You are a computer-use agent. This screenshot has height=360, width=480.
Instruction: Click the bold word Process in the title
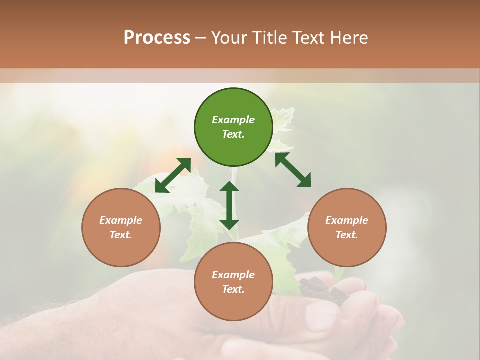[x=157, y=37]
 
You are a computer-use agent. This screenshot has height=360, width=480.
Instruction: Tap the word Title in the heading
[x=269, y=37]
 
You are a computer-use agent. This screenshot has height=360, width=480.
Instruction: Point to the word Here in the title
[x=349, y=37]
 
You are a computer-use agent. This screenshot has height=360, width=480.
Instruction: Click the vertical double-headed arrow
[x=229, y=205]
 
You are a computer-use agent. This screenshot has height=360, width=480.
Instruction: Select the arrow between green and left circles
[x=173, y=175]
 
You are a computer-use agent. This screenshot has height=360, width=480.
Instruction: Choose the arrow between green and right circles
[x=293, y=170]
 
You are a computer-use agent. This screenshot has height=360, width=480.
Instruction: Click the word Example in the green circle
[x=233, y=120]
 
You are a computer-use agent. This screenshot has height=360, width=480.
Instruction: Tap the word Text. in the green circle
[x=233, y=134]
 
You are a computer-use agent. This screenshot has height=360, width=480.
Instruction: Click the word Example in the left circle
[x=121, y=220]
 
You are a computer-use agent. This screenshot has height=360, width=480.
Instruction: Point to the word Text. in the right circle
[x=347, y=235]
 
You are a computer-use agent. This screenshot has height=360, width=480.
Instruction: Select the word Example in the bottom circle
[x=233, y=275]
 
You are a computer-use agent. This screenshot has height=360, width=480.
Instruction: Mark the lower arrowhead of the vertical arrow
[x=229, y=223]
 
